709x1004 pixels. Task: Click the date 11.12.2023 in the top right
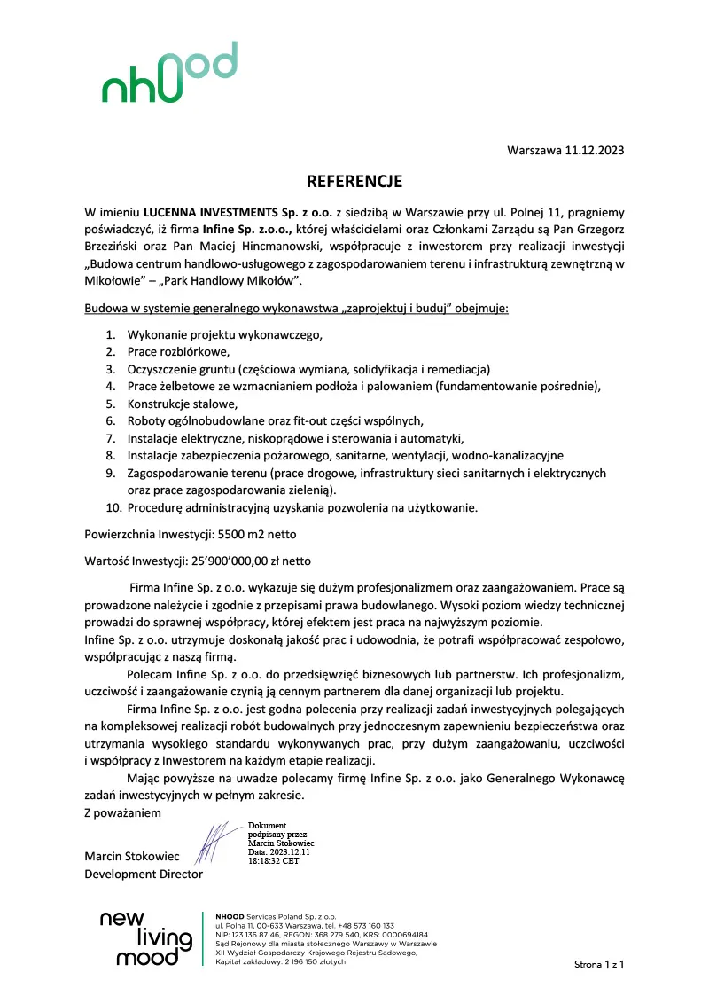pyautogui.click(x=594, y=150)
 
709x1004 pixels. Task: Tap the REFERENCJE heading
pyautogui.click(x=354, y=183)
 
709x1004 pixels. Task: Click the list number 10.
pyautogui.click(x=113, y=508)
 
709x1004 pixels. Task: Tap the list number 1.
pyautogui.click(x=111, y=335)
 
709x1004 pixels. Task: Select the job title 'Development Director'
pyautogui.click(x=144, y=875)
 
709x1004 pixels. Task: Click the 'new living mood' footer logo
pyautogui.click(x=146, y=937)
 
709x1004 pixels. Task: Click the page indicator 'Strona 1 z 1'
pyautogui.click(x=599, y=963)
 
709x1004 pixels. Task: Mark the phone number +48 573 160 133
pyautogui.click(x=363, y=925)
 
